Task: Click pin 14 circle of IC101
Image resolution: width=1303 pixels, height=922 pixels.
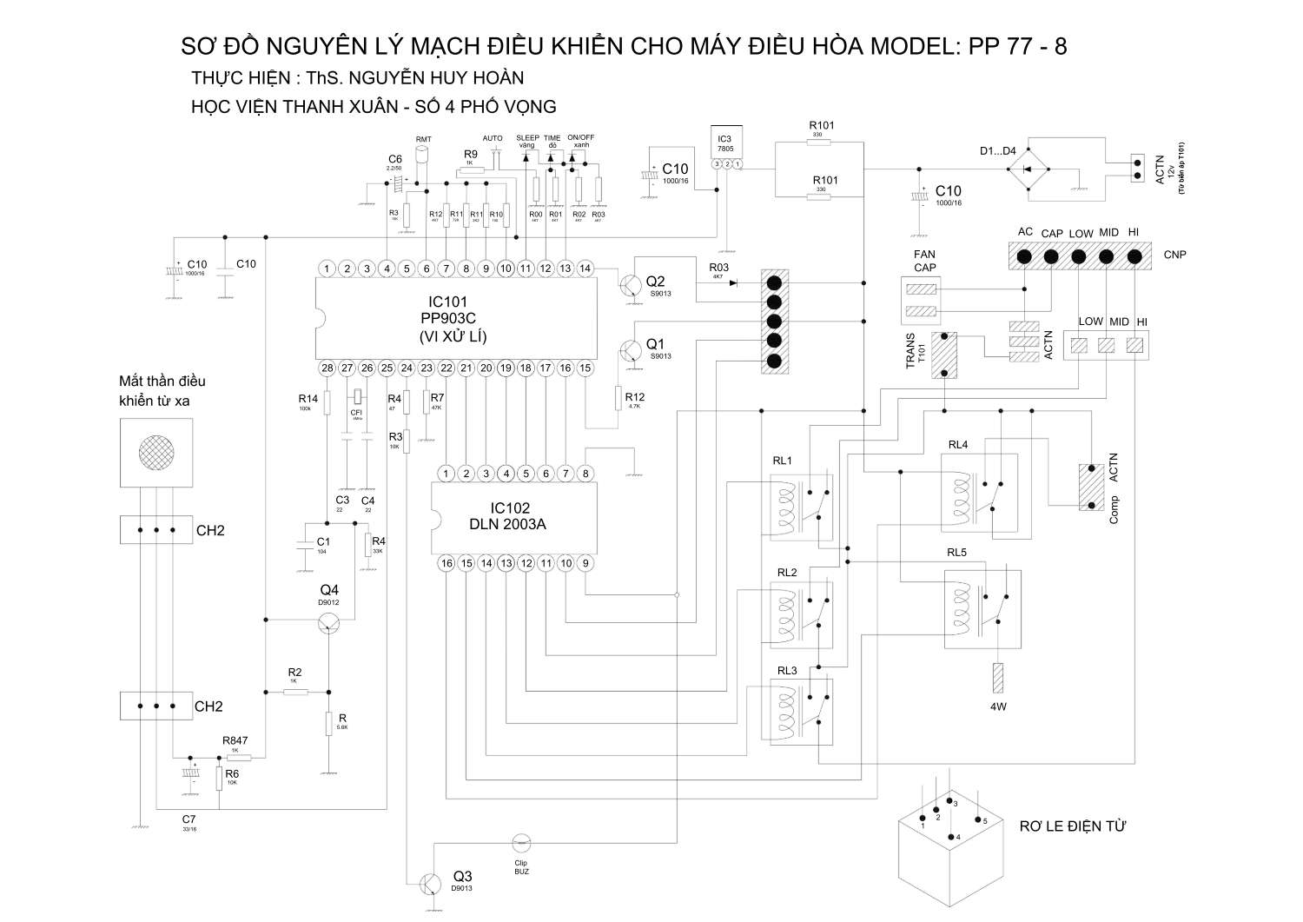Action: coord(585,269)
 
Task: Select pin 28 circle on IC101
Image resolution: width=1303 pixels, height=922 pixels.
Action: coord(327,368)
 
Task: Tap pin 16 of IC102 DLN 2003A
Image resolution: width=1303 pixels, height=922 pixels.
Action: coord(446,563)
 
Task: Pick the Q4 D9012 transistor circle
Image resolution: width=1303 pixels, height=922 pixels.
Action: coord(329,622)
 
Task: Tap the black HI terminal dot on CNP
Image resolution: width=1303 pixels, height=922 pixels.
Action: coord(1133,256)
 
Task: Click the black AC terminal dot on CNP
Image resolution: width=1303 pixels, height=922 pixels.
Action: coord(1024,256)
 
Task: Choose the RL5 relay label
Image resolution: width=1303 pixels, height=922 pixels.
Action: coord(956,553)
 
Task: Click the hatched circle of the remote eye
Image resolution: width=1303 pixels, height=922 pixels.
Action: coord(155,450)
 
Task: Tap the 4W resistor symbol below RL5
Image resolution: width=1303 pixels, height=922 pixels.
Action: coord(998,678)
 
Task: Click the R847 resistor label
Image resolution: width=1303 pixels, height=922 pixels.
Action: coord(235,741)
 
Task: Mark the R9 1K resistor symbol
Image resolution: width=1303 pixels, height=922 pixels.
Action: coord(471,171)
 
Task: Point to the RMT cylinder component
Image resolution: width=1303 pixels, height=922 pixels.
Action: coord(423,154)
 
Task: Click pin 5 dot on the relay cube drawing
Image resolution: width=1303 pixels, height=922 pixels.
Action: coord(978,819)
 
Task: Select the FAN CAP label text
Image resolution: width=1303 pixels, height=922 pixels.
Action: coord(924,261)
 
